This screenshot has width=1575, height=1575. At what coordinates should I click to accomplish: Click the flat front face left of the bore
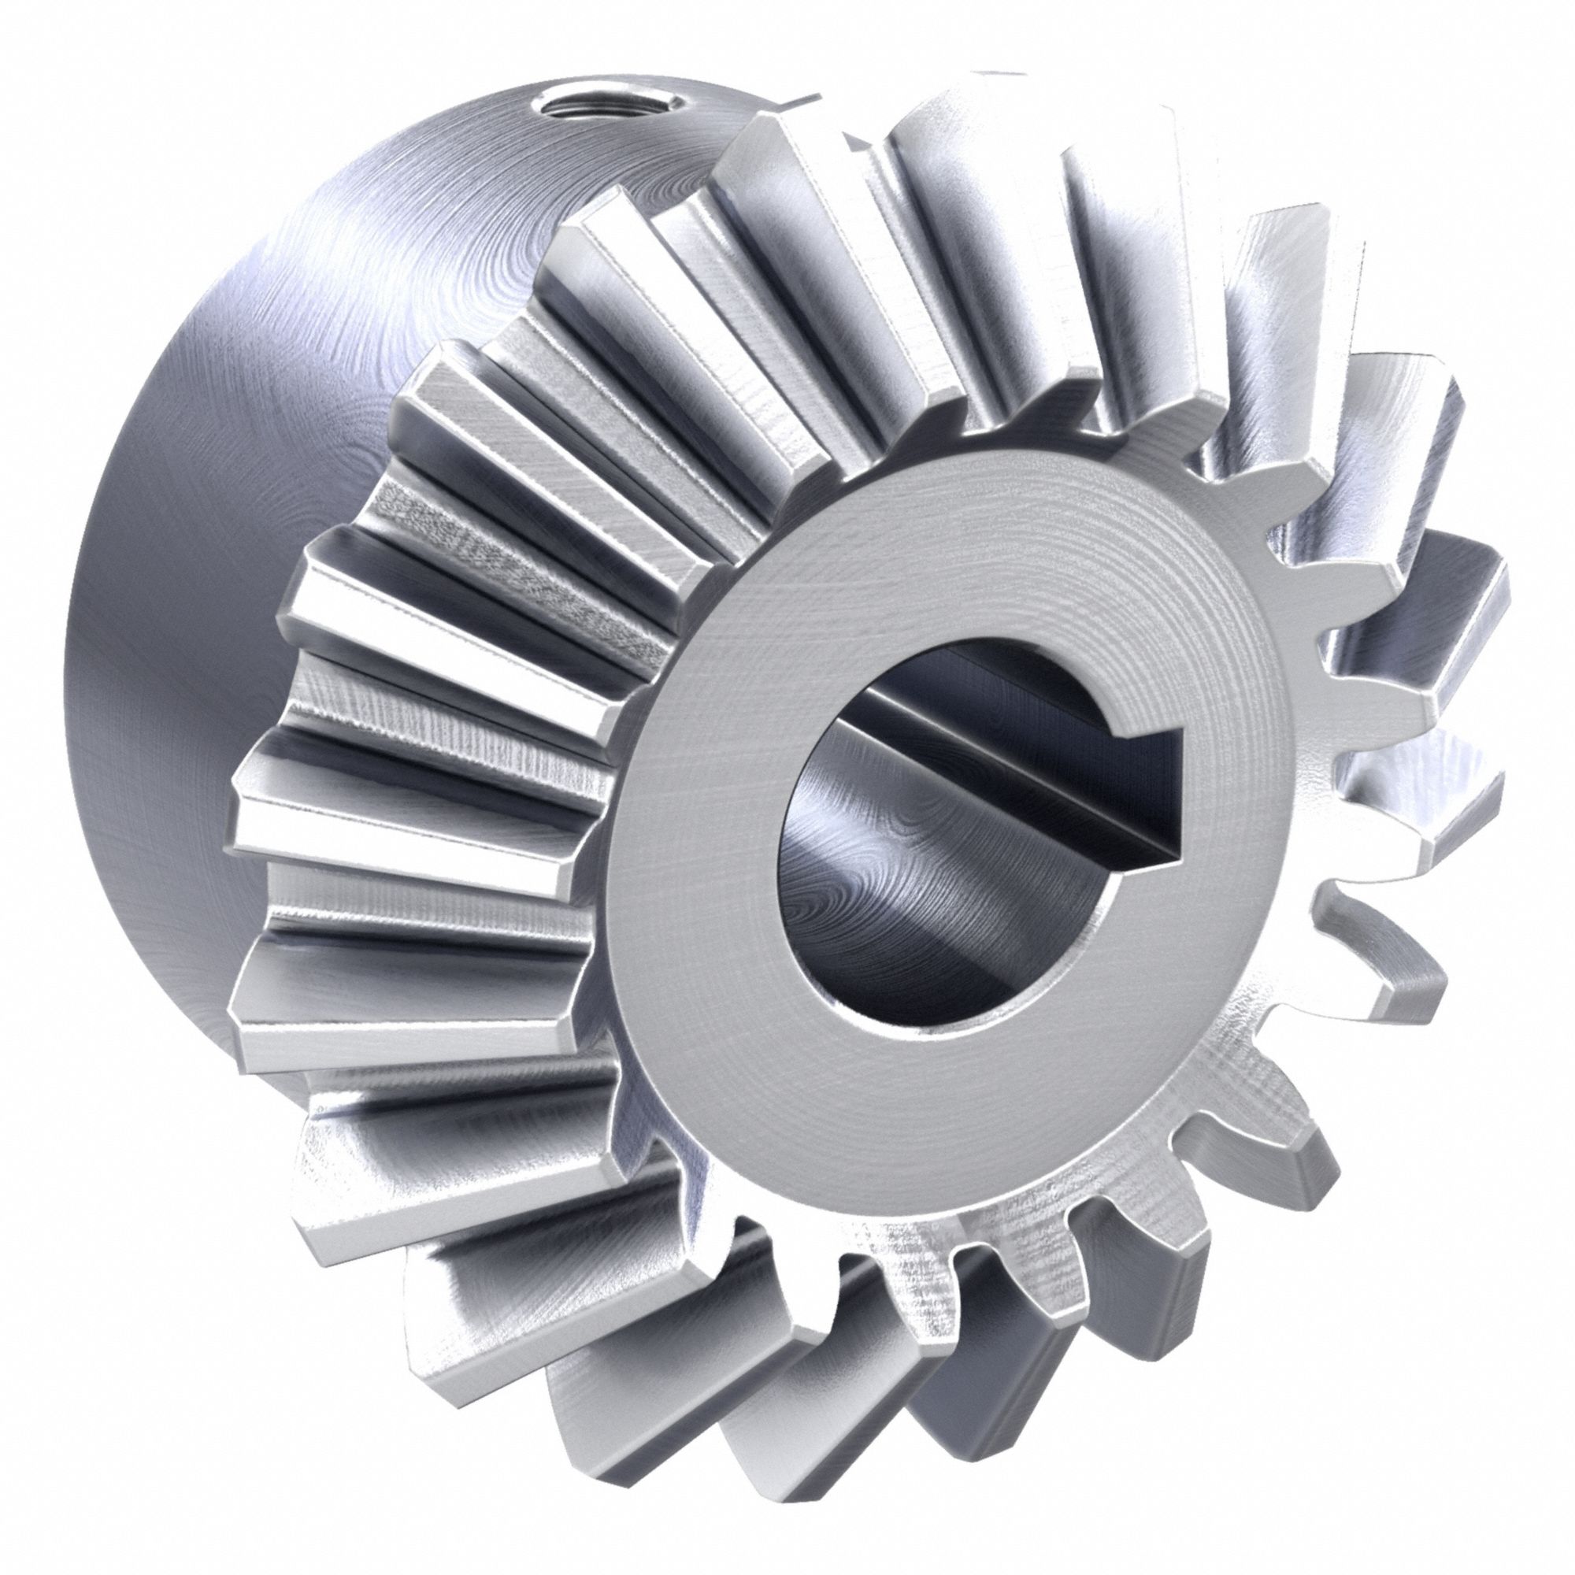(693, 856)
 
